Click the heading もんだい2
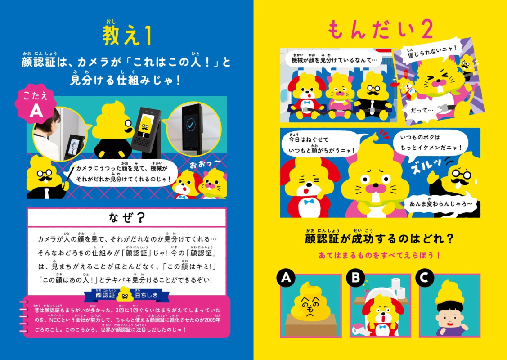coord(380,31)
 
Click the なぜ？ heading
coord(126,218)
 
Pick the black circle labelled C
coord(424,279)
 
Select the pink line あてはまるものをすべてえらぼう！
coord(379,255)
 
